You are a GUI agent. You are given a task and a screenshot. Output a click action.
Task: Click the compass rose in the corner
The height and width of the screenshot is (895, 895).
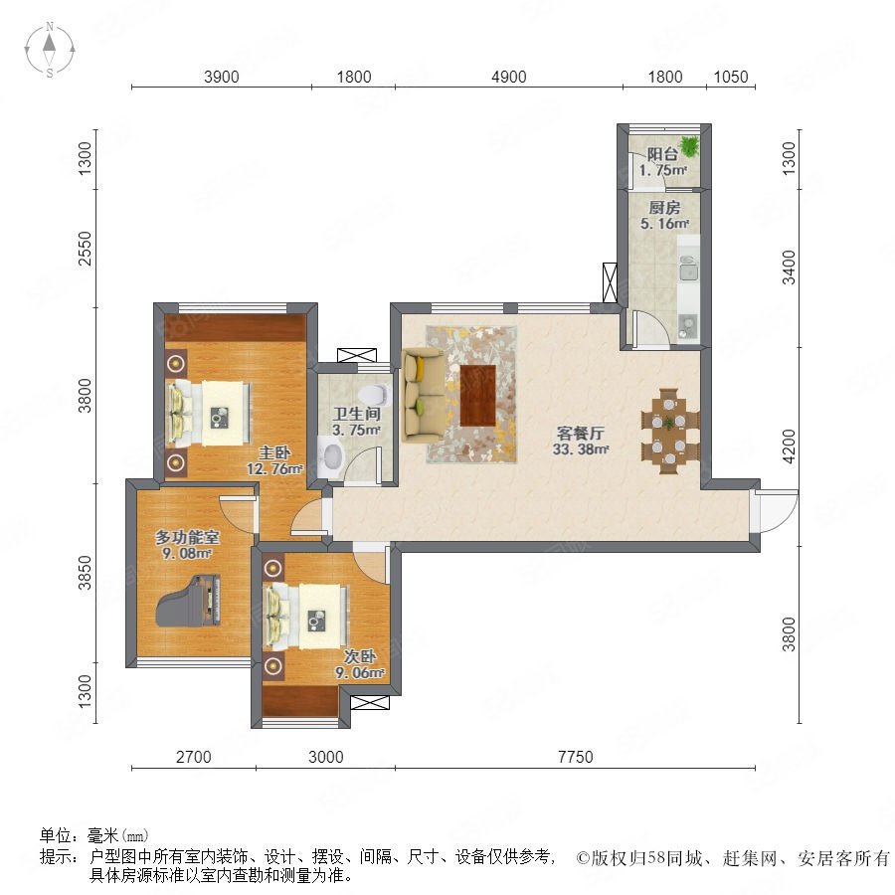[x=50, y=50]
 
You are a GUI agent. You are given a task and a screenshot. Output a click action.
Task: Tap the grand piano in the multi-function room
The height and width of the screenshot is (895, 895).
[x=188, y=601]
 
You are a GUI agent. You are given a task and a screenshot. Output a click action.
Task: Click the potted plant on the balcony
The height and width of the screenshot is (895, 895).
[x=689, y=145]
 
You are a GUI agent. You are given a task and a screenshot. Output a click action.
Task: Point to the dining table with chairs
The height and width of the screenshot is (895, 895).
[x=669, y=431]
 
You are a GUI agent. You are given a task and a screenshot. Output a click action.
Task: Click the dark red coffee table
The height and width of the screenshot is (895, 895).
[x=477, y=395]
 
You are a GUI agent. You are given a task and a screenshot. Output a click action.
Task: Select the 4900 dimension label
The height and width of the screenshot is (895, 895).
[x=508, y=77]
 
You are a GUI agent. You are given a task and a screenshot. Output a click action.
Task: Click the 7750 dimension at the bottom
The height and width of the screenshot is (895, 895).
[x=576, y=757]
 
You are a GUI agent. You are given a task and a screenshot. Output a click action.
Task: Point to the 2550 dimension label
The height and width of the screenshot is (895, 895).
[x=85, y=249]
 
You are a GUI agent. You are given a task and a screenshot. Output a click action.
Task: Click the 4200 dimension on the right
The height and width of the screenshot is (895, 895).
[x=789, y=447]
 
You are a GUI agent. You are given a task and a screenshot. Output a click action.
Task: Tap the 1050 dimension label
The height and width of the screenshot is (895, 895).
[x=731, y=77]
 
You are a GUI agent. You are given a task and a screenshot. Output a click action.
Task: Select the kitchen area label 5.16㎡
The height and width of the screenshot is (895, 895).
[x=664, y=223]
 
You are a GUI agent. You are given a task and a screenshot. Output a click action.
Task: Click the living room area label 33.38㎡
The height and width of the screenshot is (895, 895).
[x=581, y=449]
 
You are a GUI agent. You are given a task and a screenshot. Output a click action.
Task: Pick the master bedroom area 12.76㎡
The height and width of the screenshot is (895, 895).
[x=274, y=469]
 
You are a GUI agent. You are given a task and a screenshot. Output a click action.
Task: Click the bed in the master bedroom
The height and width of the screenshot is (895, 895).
[x=209, y=413]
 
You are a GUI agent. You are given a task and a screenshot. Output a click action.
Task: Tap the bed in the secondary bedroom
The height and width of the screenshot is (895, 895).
[x=306, y=616]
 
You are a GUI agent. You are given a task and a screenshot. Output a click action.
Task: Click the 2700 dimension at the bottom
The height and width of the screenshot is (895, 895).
[x=194, y=757]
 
